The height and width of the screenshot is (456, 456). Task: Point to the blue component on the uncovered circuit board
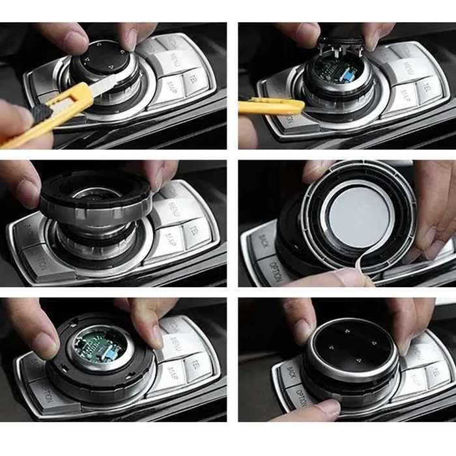click(350, 79)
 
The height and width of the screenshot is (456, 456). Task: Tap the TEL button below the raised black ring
click(193, 229)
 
